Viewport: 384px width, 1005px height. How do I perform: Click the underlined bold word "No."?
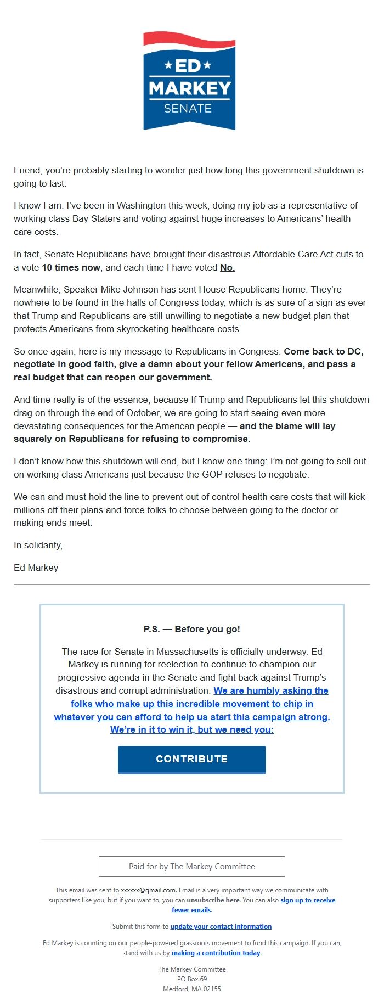227,267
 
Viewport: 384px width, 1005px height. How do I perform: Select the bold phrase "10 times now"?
71,267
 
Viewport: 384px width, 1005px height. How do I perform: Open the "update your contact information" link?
221,927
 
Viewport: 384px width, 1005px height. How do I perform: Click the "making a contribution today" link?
216,953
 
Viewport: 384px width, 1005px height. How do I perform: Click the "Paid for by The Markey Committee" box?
192,867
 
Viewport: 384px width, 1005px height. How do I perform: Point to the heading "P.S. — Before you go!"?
192,629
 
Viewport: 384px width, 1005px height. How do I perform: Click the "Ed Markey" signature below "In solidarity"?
36,568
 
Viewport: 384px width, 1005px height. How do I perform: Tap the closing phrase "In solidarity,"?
38,545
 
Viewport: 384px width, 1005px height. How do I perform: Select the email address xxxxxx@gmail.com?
148,890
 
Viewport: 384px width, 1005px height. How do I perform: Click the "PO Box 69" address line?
192,979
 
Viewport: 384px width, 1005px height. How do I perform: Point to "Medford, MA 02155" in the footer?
192,989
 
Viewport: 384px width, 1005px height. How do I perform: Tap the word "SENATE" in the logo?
188,109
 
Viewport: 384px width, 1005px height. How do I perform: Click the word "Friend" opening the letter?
27,170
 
